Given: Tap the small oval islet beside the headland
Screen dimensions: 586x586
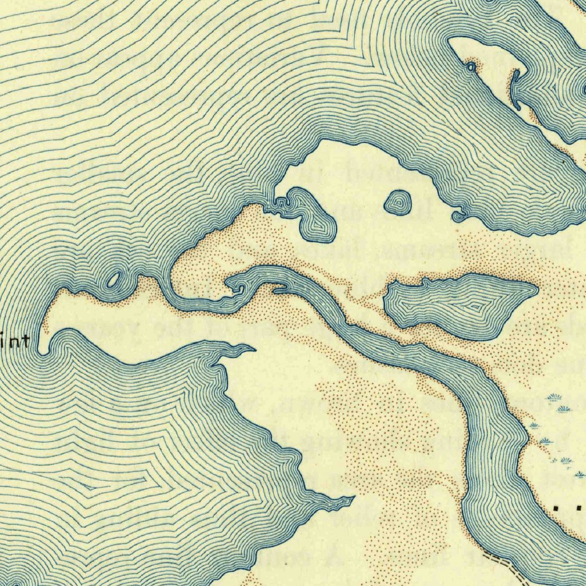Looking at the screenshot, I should (x=113, y=279).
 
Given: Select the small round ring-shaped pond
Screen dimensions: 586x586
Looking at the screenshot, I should (x=398, y=203).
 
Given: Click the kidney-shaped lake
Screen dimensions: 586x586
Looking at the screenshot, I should (x=312, y=212).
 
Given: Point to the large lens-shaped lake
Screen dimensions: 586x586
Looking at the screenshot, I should (x=458, y=304).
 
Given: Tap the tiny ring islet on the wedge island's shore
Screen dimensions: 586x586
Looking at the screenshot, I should (x=470, y=68).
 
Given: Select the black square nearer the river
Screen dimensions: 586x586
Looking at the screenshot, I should (x=557, y=507).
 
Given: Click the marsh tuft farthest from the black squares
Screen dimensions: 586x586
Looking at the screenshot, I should (x=553, y=397).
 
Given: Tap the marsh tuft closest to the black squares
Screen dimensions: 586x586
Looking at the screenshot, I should (x=579, y=474).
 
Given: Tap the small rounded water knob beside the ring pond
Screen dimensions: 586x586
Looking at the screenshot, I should (x=457, y=216).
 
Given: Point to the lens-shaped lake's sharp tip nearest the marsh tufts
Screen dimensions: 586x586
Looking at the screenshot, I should (x=537, y=288).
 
